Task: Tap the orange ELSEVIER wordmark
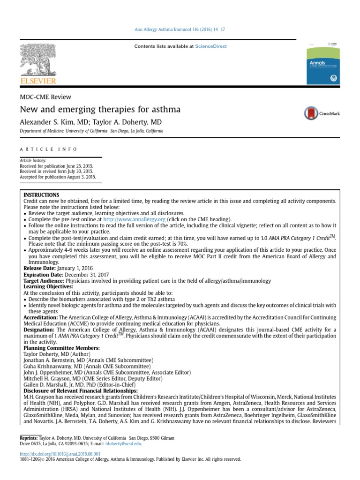[x=37, y=81]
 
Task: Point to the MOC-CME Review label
[x=45, y=97]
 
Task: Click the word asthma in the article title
[x=165, y=110]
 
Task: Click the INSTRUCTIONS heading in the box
[x=41, y=195]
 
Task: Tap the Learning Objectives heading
[x=48, y=286]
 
